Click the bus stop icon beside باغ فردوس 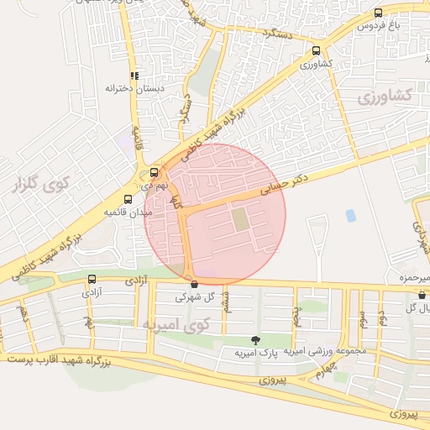coord(378,13)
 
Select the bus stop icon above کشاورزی coord(316,50)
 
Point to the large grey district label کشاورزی coord(386,97)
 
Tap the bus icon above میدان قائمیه coord(128,199)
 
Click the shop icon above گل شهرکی coord(195,285)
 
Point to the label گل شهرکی coord(195,297)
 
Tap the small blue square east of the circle coord(350,216)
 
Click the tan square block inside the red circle coord(240,220)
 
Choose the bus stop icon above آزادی coord(92,279)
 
